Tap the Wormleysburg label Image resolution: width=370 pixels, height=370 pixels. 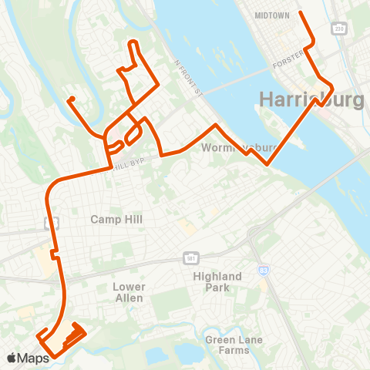(227, 147)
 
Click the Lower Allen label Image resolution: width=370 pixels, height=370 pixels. (129, 292)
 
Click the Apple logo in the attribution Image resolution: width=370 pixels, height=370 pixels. (12, 358)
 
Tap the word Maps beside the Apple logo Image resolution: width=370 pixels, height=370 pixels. (34, 358)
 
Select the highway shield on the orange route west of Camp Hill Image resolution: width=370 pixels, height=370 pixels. (52, 223)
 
